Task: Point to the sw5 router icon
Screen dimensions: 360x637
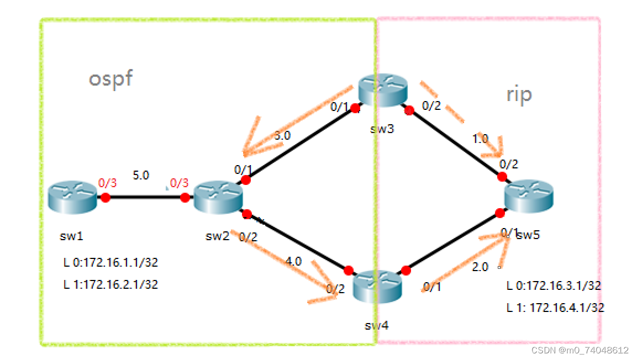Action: [528, 195]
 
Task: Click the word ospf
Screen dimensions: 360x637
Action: [110, 79]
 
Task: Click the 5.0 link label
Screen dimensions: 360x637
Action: [140, 176]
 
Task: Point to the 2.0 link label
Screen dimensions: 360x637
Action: [480, 267]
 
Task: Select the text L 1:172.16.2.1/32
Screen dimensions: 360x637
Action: [110, 285]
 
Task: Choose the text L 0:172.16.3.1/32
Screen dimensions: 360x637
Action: [554, 285]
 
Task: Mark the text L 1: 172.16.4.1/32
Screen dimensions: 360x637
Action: [555, 308]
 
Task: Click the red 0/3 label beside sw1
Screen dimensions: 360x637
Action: [107, 183]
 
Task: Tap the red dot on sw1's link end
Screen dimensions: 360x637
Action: [105, 198]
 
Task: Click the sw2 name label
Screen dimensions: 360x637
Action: [217, 236]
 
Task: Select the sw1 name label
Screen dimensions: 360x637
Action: [72, 236]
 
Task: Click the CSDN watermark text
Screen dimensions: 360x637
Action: [580, 350]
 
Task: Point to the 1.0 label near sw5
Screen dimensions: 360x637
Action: [480, 139]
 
